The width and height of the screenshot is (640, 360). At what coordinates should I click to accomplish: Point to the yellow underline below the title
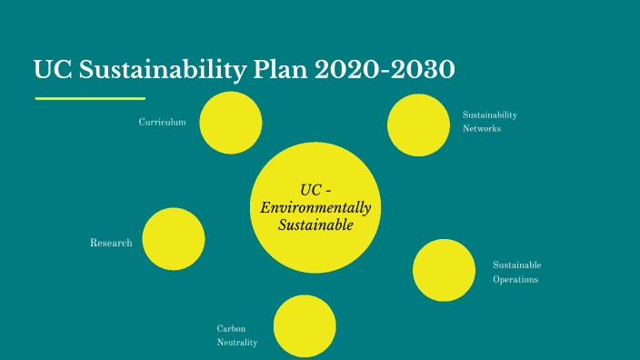(x=90, y=97)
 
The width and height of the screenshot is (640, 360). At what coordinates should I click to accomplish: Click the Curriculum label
(x=163, y=122)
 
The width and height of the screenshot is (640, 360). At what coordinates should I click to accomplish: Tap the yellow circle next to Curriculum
(x=231, y=123)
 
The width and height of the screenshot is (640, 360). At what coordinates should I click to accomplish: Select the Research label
(x=111, y=243)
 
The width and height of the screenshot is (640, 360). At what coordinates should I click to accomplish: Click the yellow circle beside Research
(x=174, y=239)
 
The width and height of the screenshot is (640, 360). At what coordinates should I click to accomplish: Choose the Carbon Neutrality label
(x=236, y=335)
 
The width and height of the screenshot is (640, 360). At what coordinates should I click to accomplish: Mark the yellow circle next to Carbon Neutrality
(x=305, y=326)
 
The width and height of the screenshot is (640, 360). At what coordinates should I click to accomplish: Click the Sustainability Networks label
(x=489, y=122)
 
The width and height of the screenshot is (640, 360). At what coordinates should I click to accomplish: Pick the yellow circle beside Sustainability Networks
(x=418, y=125)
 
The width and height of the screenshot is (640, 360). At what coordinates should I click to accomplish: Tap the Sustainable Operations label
(x=516, y=272)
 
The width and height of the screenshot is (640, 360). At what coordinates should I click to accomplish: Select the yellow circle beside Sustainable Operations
(x=444, y=270)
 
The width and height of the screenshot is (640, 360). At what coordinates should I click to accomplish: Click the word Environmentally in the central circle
(x=315, y=207)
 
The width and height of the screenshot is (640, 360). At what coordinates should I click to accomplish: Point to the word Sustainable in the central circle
(x=315, y=225)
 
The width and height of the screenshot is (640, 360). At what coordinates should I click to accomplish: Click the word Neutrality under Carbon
(x=236, y=343)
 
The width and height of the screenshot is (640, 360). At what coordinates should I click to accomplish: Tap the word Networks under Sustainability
(x=482, y=129)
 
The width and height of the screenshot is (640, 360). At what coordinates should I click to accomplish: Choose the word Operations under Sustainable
(x=515, y=279)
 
